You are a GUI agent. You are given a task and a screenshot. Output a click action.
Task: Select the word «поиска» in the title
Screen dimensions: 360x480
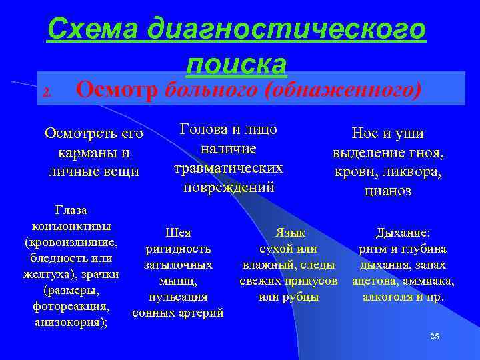(x=237, y=64)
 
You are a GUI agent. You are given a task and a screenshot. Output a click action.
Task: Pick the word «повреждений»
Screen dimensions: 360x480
(x=229, y=187)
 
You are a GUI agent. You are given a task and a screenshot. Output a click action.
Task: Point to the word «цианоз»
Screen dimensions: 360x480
(x=389, y=191)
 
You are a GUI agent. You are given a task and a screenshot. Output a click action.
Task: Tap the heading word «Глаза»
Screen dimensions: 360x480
(x=71, y=211)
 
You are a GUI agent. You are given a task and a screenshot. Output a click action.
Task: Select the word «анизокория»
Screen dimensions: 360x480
(x=69, y=323)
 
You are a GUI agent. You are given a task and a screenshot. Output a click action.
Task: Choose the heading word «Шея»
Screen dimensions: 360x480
(x=177, y=233)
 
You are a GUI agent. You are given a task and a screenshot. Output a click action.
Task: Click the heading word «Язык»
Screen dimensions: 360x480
(x=289, y=233)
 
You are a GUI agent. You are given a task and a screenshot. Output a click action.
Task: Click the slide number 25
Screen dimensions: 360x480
(x=435, y=337)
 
